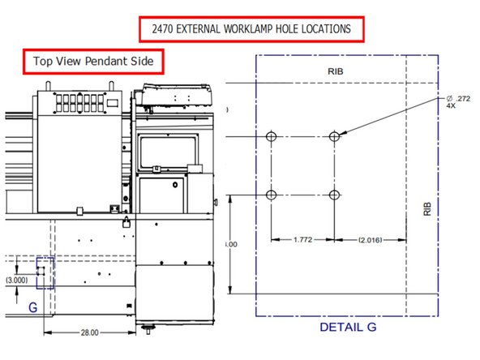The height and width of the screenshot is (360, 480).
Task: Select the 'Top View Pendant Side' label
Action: click(x=93, y=61)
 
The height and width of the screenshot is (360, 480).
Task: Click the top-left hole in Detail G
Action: click(x=271, y=136)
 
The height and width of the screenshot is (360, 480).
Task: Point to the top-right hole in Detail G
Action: click(x=334, y=136)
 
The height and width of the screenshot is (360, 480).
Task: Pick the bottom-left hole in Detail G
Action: click(x=271, y=195)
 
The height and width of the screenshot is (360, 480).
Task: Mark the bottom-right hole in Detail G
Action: click(x=334, y=195)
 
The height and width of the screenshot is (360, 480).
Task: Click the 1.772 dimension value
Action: click(x=302, y=240)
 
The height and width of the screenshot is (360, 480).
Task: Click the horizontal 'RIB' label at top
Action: click(x=336, y=71)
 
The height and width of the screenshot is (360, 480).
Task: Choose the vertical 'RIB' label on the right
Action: click(x=427, y=209)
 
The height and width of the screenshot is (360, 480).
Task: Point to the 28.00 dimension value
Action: click(x=89, y=332)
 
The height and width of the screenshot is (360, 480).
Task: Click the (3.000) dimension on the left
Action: click(x=17, y=280)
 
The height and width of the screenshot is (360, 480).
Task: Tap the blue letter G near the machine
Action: click(x=32, y=308)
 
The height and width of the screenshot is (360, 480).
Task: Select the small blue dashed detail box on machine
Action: click(x=45, y=272)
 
